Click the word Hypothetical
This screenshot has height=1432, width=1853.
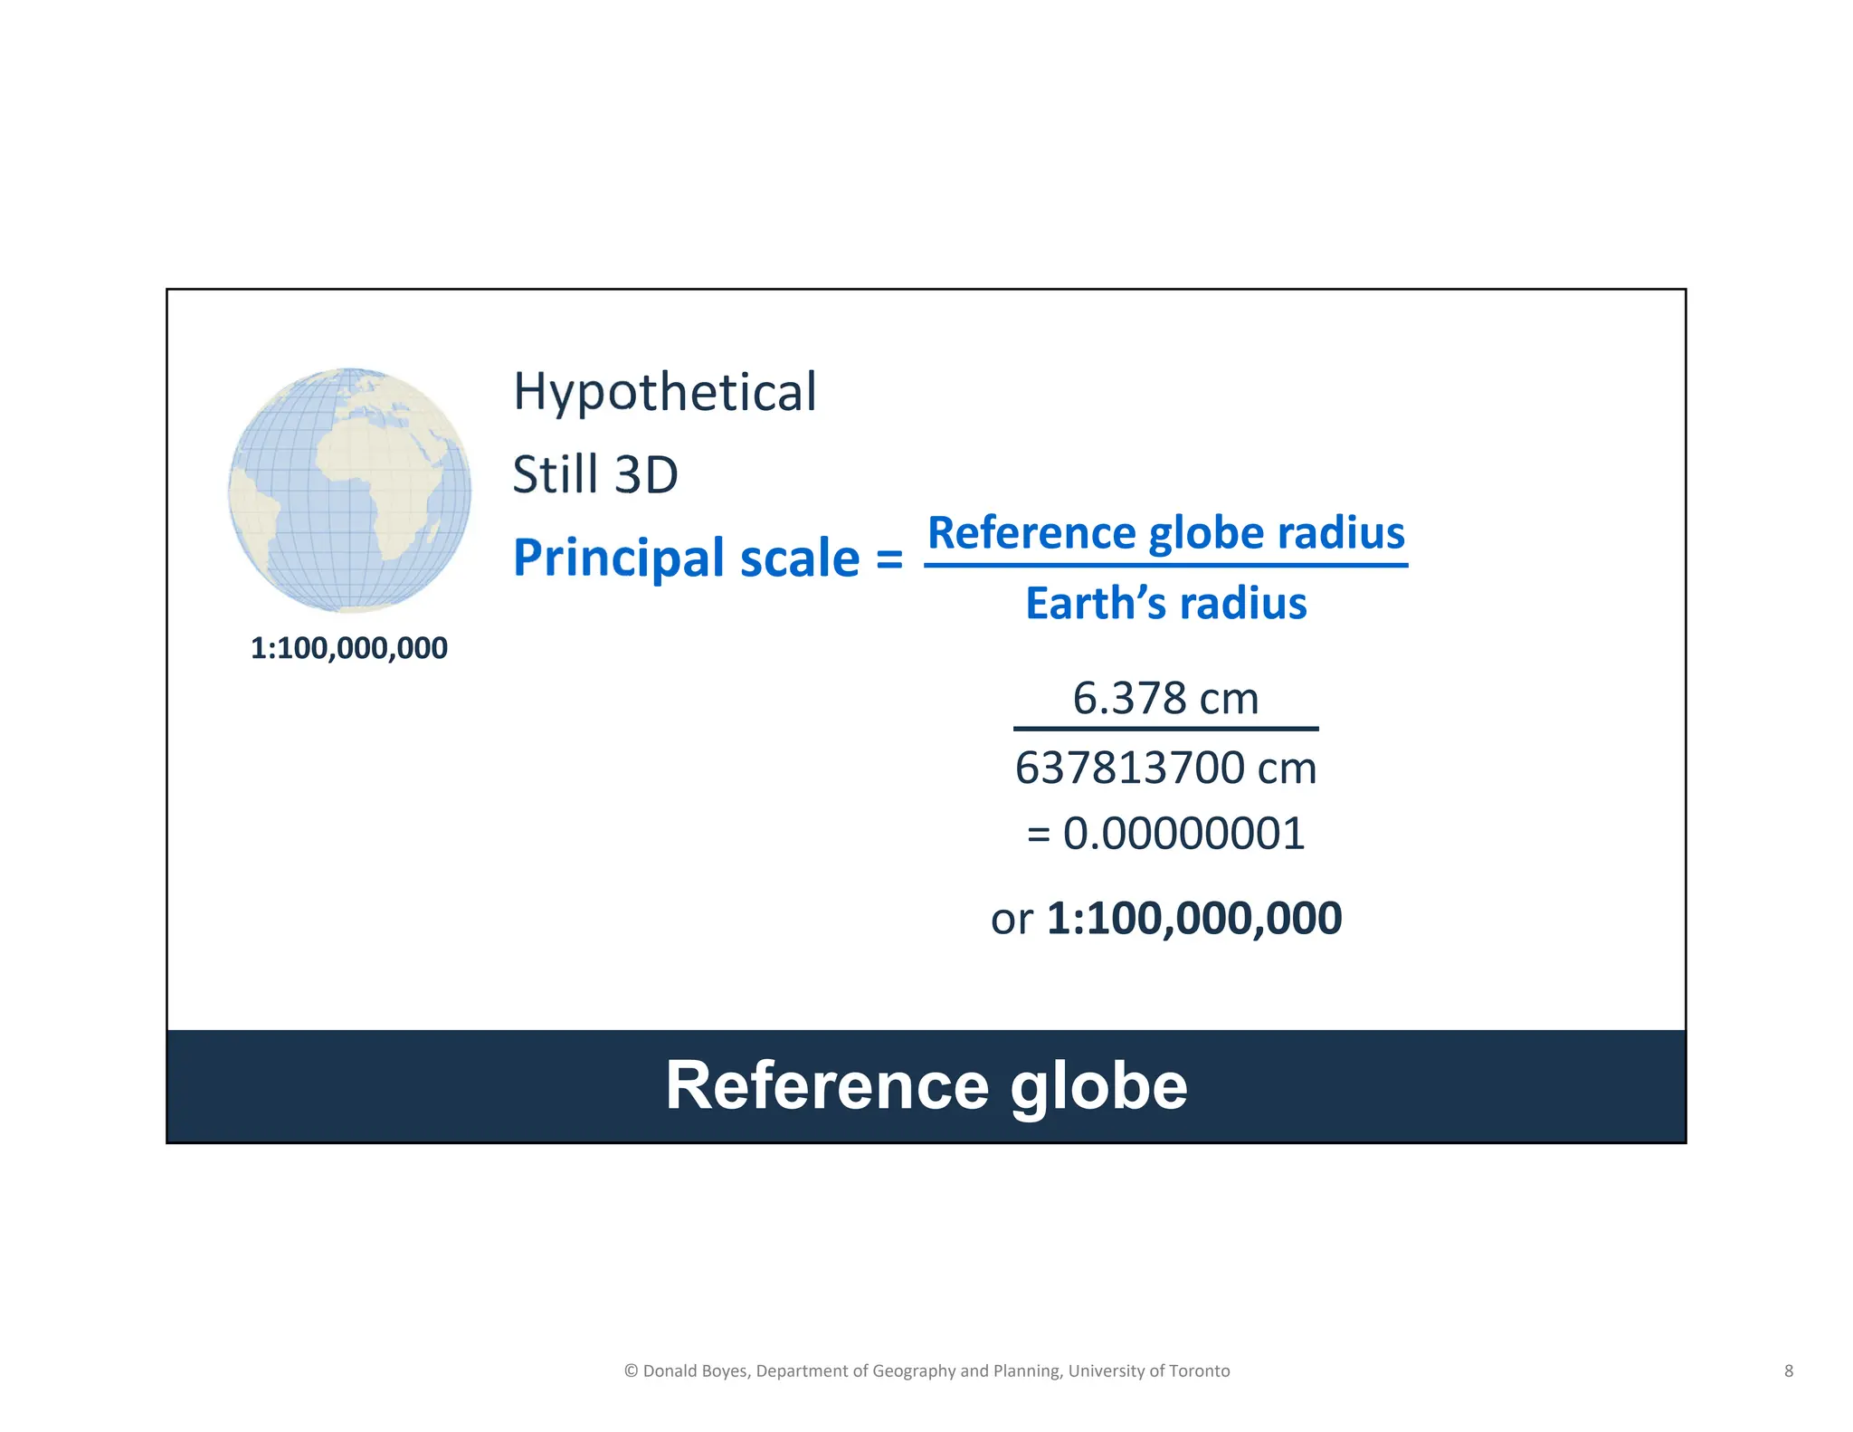click(x=664, y=392)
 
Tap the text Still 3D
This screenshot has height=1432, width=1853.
click(x=594, y=474)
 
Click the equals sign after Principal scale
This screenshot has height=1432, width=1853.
click(x=889, y=559)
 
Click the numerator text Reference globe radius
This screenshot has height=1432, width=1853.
click(x=1165, y=532)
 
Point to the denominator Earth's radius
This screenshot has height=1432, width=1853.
click(x=1165, y=603)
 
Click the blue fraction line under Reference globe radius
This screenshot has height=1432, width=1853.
click(x=1165, y=566)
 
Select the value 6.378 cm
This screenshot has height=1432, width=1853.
click(x=1165, y=698)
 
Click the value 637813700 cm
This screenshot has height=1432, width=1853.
click(x=1165, y=768)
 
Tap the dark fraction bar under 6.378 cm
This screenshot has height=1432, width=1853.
click(x=1165, y=729)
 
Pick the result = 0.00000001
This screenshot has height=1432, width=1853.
click(x=1165, y=834)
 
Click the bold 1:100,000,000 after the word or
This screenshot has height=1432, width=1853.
click(x=1193, y=918)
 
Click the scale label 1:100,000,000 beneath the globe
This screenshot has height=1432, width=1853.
click(x=348, y=648)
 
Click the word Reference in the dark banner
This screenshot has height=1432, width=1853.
click(x=827, y=1085)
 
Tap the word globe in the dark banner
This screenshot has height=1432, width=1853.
click(x=1098, y=1085)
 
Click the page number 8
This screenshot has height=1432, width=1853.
click(x=1788, y=1370)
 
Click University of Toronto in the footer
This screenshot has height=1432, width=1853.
click(x=1148, y=1370)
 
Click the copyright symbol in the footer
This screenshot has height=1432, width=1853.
click(x=631, y=1370)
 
